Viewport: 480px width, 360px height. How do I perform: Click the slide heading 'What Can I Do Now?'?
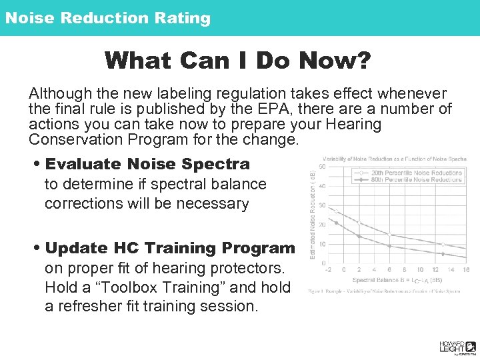pos(237,61)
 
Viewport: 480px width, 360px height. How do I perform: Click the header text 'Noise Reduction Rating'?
pos(108,18)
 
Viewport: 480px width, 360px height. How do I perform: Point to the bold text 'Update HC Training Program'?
pos(170,248)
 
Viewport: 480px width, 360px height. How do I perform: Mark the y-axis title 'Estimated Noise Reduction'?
pos(313,213)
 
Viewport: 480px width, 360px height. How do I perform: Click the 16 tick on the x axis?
pos(465,270)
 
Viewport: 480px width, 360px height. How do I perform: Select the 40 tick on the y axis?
pos(322,186)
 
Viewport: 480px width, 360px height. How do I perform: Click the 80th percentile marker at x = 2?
pos(359,237)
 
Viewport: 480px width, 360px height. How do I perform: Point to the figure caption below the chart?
pos(385,291)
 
